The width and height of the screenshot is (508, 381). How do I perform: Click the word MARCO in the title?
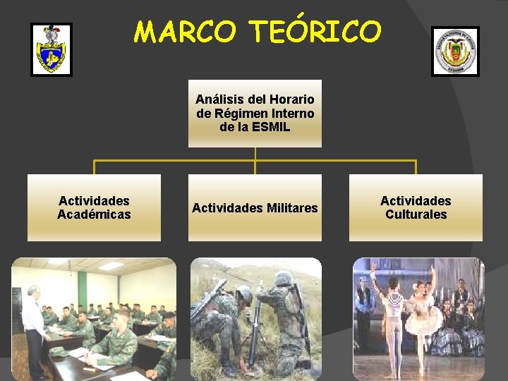click(x=186, y=32)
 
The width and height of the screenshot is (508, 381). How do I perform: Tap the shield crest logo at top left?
click(x=51, y=49)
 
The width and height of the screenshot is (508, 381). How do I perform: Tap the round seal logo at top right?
click(x=455, y=51)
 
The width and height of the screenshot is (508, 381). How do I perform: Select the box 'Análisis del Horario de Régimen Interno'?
click(x=255, y=114)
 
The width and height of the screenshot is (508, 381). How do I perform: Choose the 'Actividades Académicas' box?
click(x=94, y=207)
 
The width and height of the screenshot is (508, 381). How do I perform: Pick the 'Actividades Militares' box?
click(x=255, y=207)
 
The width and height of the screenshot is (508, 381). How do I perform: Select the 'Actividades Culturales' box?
click(x=416, y=207)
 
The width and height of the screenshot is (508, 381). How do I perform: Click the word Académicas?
click(x=94, y=214)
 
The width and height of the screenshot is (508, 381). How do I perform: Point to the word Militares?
click(x=292, y=208)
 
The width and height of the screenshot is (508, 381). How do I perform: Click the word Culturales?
click(x=416, y=214)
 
